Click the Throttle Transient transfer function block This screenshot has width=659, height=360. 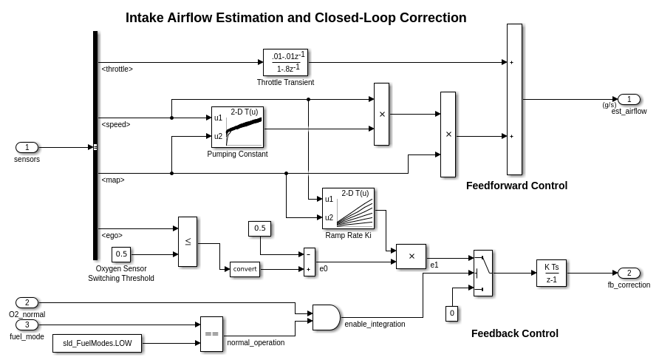[285, 62]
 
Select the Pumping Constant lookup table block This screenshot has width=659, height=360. [237, 127]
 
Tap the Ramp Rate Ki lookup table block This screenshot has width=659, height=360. [348, 208]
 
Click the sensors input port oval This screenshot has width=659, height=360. [27, 147]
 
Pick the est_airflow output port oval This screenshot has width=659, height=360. [629, 100]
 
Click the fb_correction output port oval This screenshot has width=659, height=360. [629, 273]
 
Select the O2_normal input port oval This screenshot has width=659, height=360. [27, 302]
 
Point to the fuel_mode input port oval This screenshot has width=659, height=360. [27, 325]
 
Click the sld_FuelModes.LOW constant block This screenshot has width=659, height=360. [97, 344]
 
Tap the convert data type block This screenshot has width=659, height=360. [245, 269]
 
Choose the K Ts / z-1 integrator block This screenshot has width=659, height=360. [551, 273]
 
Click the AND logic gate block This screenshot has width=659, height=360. [326, 317]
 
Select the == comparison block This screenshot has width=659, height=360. [211, 334]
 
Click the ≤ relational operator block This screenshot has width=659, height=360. [188, 242]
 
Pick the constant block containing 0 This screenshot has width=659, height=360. [451, 313]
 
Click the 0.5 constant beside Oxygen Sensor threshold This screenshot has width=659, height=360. [121, 254]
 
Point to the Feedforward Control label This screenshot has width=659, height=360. [516, 186]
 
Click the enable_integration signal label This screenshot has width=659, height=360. [375, 324]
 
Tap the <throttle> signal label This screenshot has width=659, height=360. [117, 69]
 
